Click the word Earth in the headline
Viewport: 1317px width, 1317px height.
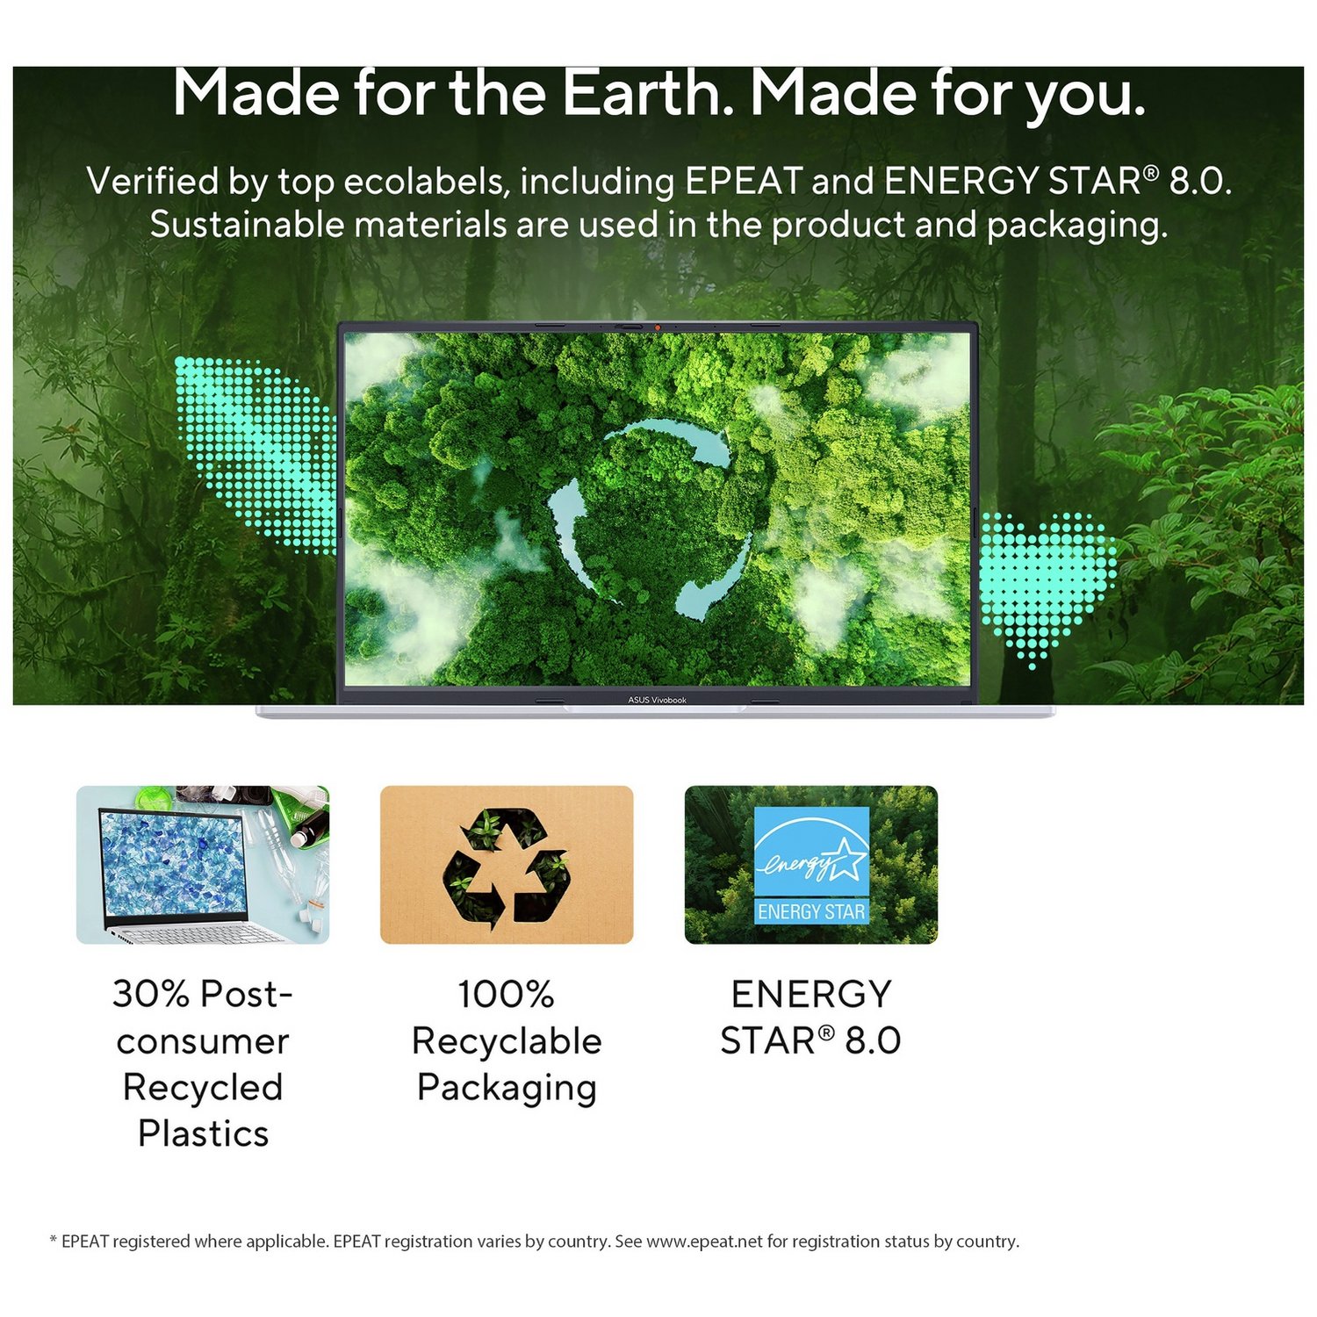click(646, 92)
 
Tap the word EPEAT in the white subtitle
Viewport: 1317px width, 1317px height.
click(743, 182)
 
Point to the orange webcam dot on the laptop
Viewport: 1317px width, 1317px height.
click(658, 327)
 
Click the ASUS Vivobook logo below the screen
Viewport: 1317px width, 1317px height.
click(657, 700)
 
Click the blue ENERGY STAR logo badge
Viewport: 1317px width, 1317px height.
click(811, 866)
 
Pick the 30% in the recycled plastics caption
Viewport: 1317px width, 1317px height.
click(151, 995)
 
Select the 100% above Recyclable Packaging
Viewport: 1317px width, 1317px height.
click(506, 995)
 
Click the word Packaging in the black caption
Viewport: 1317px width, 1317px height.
click(507, 1089)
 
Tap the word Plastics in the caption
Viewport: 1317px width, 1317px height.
click(203, 1133)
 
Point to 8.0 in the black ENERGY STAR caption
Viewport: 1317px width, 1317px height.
click(873, 1041)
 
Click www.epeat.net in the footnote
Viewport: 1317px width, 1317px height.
click(704, 1241)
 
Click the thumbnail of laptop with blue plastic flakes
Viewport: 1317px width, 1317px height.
click(203, 865)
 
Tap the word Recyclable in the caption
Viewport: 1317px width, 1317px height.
click(507, 1041)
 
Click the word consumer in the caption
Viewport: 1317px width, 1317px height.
click(203, 1042)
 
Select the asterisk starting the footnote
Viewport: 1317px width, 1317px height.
click(54, 1239)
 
